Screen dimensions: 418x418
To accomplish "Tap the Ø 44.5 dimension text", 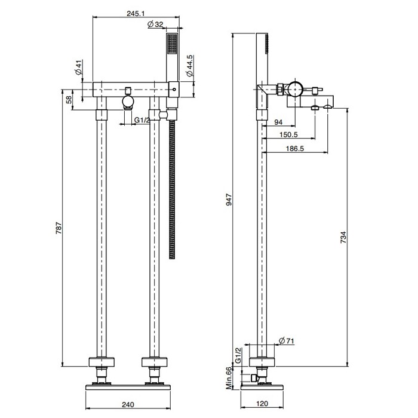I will point(189,66).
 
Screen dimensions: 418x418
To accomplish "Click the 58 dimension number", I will point(69,99).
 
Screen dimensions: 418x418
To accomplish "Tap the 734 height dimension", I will point(343,236).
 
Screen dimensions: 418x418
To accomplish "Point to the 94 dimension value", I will point(278,122).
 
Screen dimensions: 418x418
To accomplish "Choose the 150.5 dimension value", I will point(289,136).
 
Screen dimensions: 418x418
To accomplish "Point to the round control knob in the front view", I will point(127,101).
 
